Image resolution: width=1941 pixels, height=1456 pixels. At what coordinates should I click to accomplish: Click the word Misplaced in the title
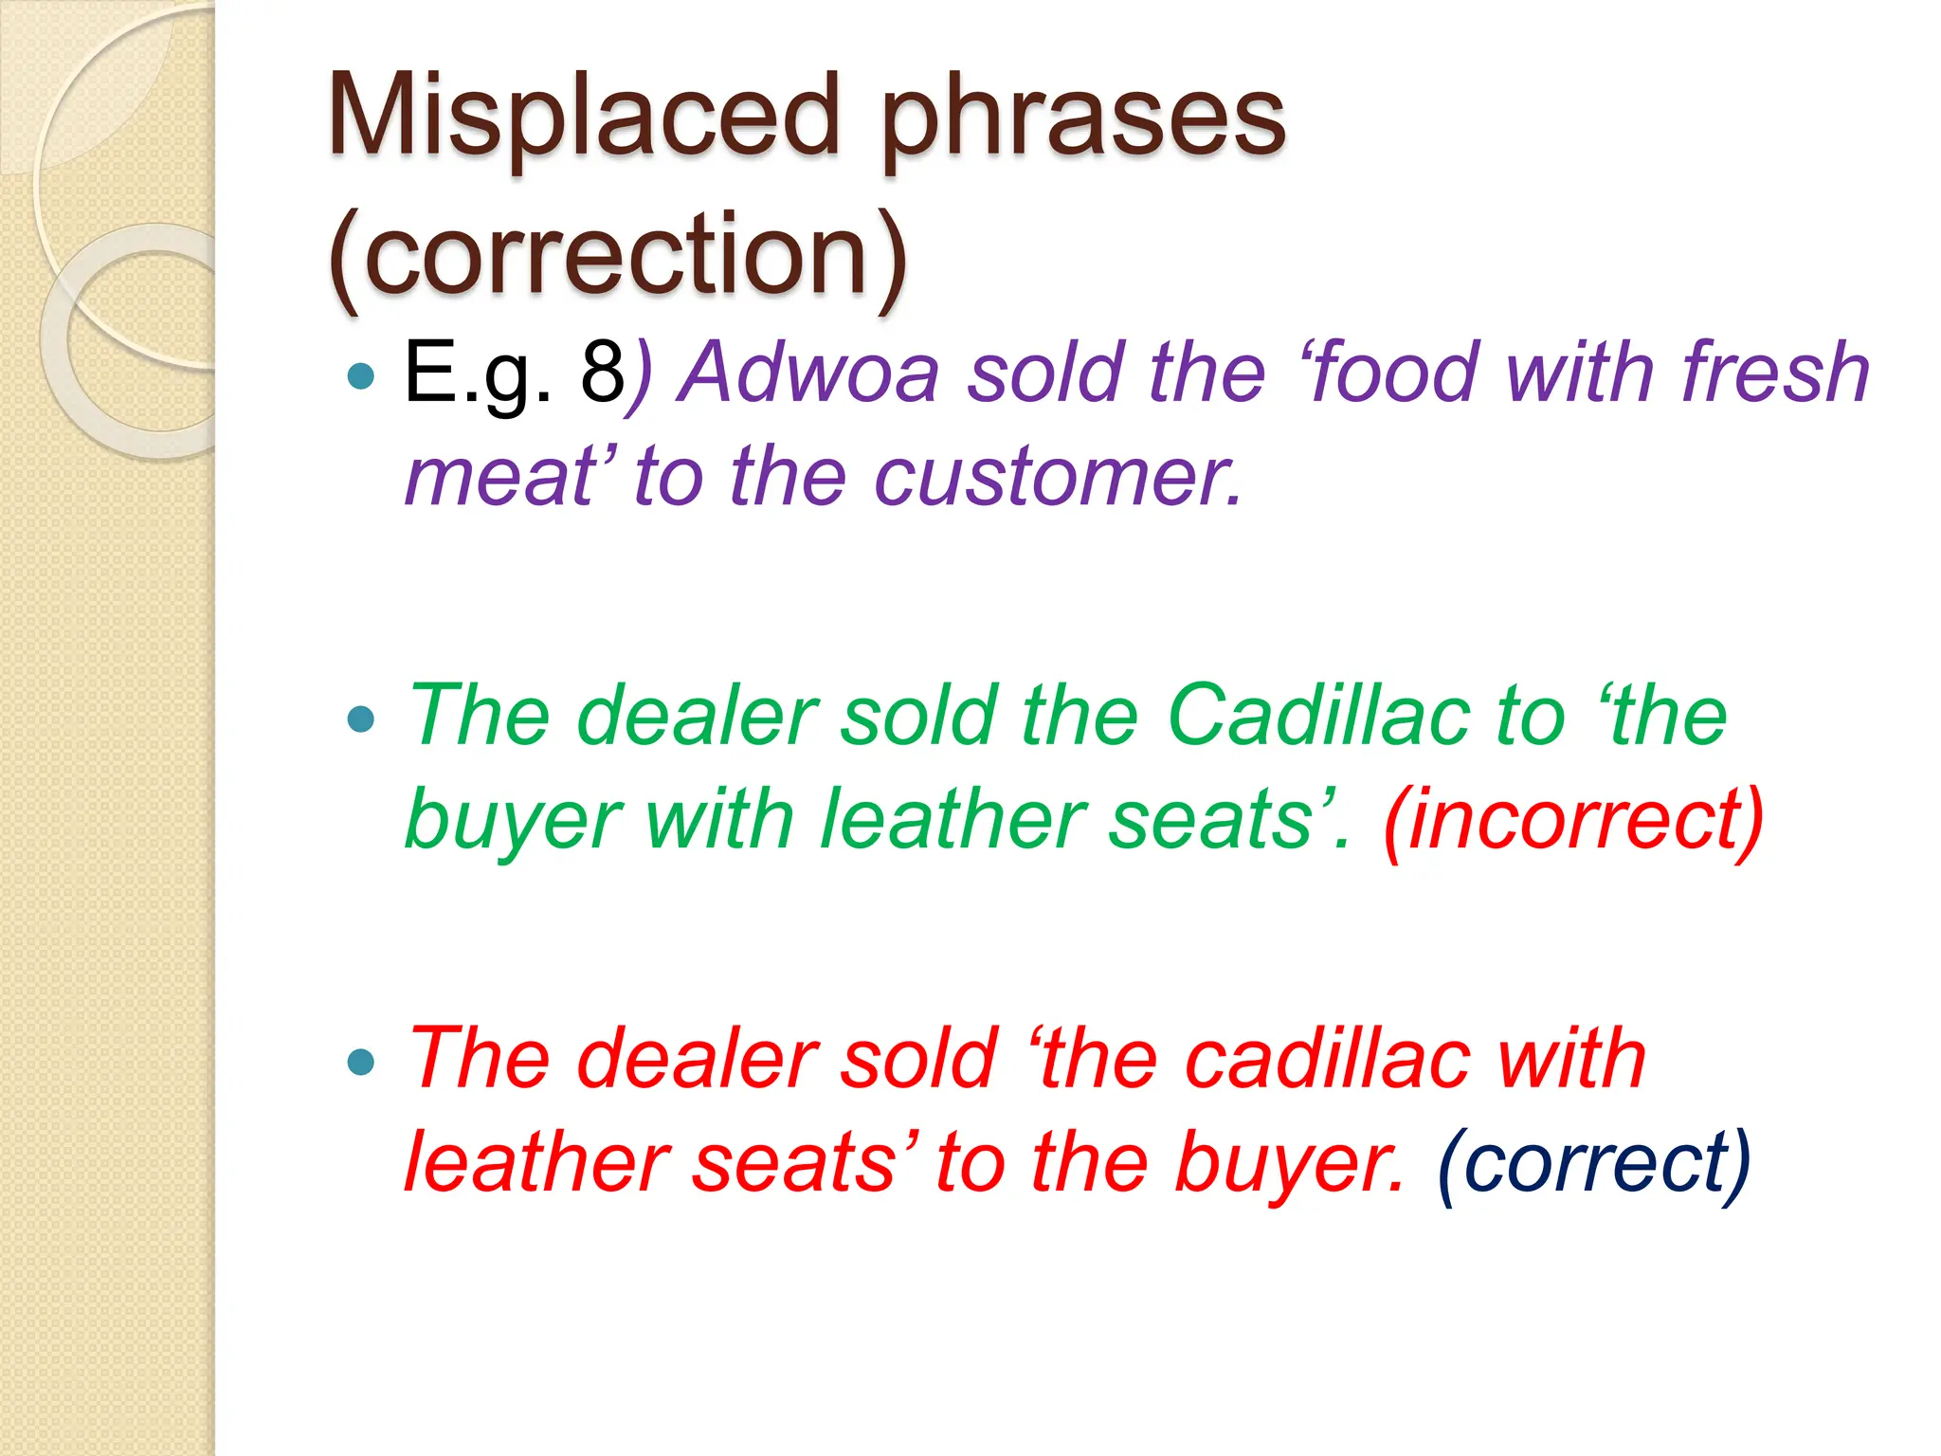point(583,118)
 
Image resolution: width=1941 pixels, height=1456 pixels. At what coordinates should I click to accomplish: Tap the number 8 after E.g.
point(602,373)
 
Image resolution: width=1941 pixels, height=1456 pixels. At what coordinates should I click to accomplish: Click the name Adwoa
point(811,373)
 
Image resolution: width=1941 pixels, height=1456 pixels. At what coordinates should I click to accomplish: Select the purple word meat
point(500,477)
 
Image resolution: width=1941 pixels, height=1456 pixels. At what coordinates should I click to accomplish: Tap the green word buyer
point(513,821)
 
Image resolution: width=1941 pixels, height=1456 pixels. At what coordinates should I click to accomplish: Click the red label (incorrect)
point(1573,821)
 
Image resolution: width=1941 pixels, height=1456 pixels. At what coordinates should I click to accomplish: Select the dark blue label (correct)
point(1593,1164)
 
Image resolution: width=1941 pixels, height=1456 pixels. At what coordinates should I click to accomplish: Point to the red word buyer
point(1288,1164)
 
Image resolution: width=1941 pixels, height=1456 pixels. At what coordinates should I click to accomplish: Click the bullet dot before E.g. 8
point(361,377)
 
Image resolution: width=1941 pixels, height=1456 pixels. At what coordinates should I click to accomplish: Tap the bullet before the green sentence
point(361,719)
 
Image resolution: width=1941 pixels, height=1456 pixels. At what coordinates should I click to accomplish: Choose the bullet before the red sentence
point(361,1062)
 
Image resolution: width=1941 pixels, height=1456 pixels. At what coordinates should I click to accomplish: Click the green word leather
point(950,821)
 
